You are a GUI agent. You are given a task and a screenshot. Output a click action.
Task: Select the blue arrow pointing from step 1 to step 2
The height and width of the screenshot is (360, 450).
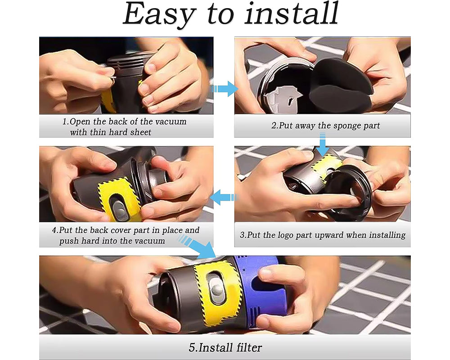pos(225,89)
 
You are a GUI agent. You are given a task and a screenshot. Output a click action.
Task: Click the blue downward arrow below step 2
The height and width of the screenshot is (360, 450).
pos(322,147)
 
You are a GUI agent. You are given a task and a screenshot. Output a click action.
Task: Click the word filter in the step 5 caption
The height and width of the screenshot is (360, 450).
pos(247,347)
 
